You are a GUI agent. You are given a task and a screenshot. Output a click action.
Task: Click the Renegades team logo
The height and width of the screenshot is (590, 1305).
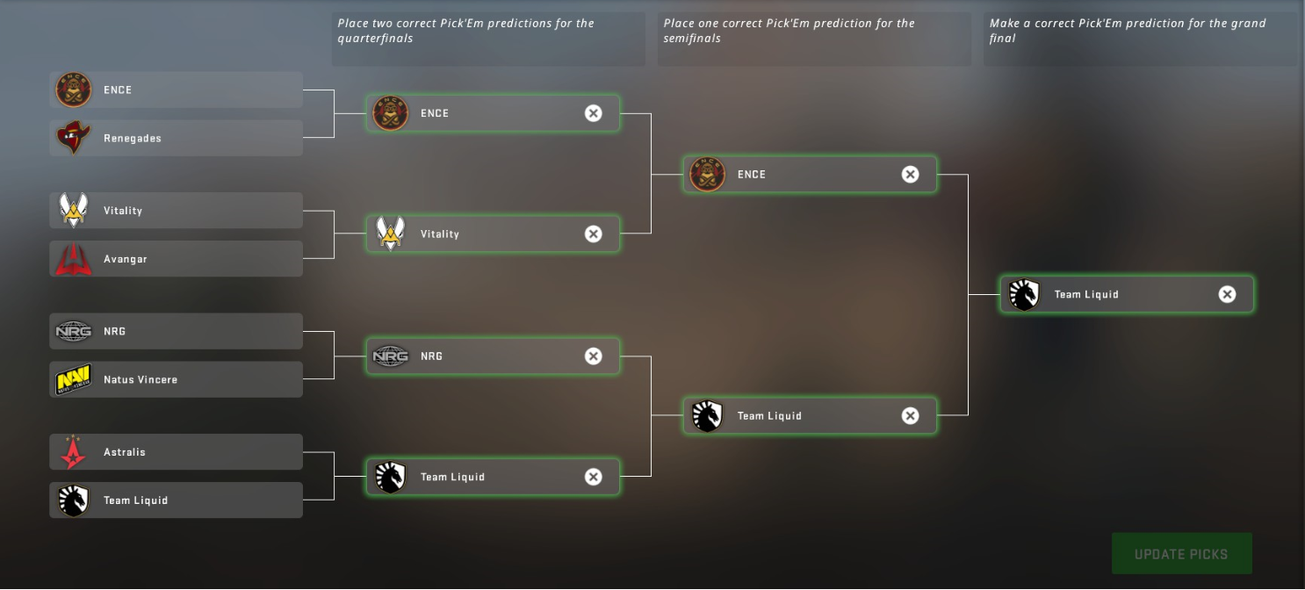point(74,138)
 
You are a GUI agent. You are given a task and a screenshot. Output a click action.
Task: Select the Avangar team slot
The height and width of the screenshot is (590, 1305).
point(176,259)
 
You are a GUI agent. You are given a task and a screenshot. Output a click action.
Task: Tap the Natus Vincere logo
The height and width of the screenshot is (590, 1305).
point(74,379)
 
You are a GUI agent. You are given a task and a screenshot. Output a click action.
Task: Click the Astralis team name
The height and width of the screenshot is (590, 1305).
point(125,452)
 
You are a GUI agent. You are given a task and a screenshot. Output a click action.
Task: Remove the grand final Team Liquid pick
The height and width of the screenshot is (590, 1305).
point(1227,294)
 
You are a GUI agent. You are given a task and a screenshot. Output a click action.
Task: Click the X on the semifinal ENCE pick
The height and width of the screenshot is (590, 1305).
point(910,174)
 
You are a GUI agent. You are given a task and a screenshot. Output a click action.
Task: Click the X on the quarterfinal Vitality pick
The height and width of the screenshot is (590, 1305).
point(594,234)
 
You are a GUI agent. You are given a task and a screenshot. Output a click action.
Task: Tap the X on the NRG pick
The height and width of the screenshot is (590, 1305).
point(594,356)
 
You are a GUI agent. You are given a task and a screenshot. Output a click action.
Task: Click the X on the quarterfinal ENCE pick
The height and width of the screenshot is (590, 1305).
point(594,112)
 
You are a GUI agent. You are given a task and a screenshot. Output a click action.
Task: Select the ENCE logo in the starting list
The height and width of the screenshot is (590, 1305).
point(74,90)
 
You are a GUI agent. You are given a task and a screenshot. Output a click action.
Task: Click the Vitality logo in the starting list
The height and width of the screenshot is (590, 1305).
point(74,211)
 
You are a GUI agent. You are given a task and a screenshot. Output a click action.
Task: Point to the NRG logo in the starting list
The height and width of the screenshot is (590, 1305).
point(74,331)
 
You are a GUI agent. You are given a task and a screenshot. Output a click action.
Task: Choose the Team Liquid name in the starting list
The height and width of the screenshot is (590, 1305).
point(135,500)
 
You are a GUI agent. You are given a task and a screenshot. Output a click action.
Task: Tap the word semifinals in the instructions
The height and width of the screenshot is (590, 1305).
point(693,39)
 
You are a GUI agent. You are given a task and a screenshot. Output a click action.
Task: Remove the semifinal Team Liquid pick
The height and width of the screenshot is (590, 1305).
point(910,415)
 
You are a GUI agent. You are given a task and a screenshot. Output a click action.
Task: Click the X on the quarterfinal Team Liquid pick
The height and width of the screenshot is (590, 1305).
point(594,477)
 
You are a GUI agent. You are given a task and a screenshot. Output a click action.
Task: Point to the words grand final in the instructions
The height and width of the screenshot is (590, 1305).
point(1240,24)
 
